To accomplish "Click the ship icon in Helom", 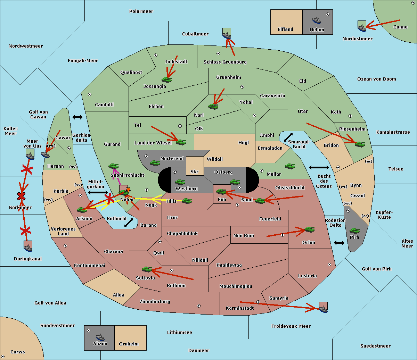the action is (x=317, y=20).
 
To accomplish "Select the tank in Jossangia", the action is (x=167, y=79).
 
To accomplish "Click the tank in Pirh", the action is (x=354, y=231).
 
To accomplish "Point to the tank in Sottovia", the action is (x=147, y=269).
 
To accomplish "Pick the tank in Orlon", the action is (x=310, y=229).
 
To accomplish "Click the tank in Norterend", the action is (x=155, y=163).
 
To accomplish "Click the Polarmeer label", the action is (x=141, y=11).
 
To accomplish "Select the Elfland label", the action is (x=285, y=30).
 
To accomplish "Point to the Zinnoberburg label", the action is (x=155, y=302).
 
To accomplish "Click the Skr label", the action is (x=195, y=171).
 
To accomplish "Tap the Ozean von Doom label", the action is (x=377, y=79).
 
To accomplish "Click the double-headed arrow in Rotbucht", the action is (x=129, y=223).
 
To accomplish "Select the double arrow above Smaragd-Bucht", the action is (x=288, y=137).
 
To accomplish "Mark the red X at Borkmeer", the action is (x=21, y=196).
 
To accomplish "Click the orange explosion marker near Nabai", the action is (x=128, y=190).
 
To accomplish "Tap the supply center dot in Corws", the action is (x=3, y=356).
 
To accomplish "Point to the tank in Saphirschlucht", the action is (x=113, y=166).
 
